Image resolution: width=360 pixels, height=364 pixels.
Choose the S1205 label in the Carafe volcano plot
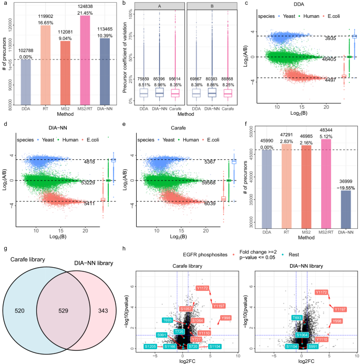coord(150,347)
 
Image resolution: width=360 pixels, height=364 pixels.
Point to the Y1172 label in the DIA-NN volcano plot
coord(321,292)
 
